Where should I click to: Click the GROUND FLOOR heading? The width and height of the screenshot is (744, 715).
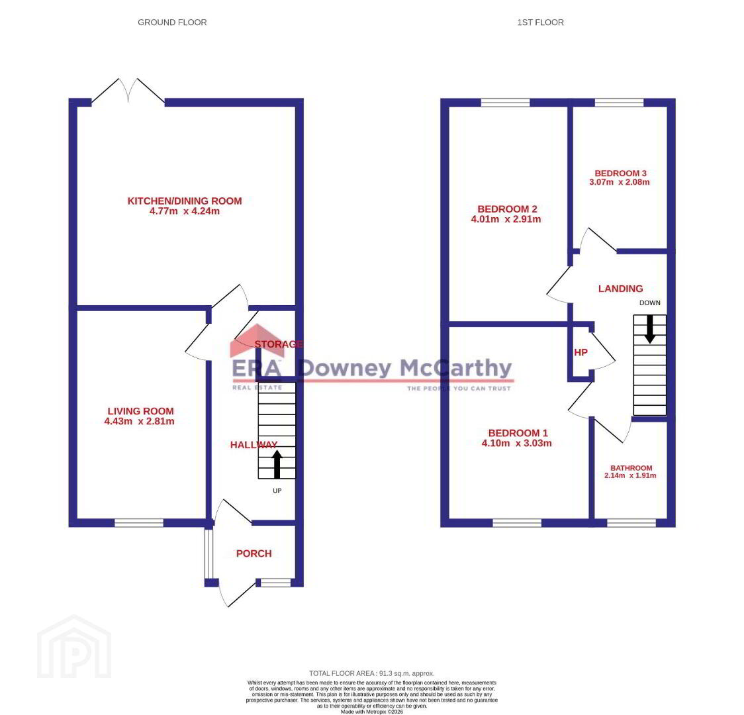pyautogui.click(x=171, y=23)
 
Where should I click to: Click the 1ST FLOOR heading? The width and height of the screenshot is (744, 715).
pyautogui.click(x=540, y=23)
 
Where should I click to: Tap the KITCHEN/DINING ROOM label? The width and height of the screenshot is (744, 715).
pyautogui.click(x=185, y=201)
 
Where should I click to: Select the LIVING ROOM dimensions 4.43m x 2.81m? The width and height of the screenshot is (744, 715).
pyautogui.click(x=140, y=421)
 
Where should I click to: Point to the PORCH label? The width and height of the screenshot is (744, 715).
pyautogui.click(x=254, y=553)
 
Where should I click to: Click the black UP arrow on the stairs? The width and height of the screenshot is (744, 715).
pyautogui.click(x=277, y=464)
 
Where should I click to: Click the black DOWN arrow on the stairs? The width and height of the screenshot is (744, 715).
pyautogui.click(x=649, y=329)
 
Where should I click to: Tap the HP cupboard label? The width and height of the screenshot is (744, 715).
pyautogui.click(x=581, y=352)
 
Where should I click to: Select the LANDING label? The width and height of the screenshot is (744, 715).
pyautogui.click(x=621, y=289)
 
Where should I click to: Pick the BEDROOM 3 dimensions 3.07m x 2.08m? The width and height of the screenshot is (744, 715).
pyautogui.click(x=620, y=181)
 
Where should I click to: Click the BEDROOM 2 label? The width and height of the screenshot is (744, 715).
pyautogui.click(x=507, y=209)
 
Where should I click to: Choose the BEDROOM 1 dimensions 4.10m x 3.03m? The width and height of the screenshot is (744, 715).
pyautogui.click(x=517, y=443)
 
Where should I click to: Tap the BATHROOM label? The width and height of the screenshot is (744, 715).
pyautogui.click(x=631, y=468)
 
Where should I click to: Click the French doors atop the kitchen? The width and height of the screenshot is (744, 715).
pyautogui.click(x=128, y=91)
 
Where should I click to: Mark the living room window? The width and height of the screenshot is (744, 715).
pyautogui.click(x=139, y=523)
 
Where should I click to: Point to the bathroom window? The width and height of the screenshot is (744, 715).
pyautogui.click(x=631, y=523)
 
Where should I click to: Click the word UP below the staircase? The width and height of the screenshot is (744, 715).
pyautogui.click(x=277, y=491)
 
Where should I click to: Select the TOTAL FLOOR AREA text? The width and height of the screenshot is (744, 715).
pyautogui.click(x=371, y=673)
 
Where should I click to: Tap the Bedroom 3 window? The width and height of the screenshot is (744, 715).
pyautogui.click(x=619, y=103)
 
